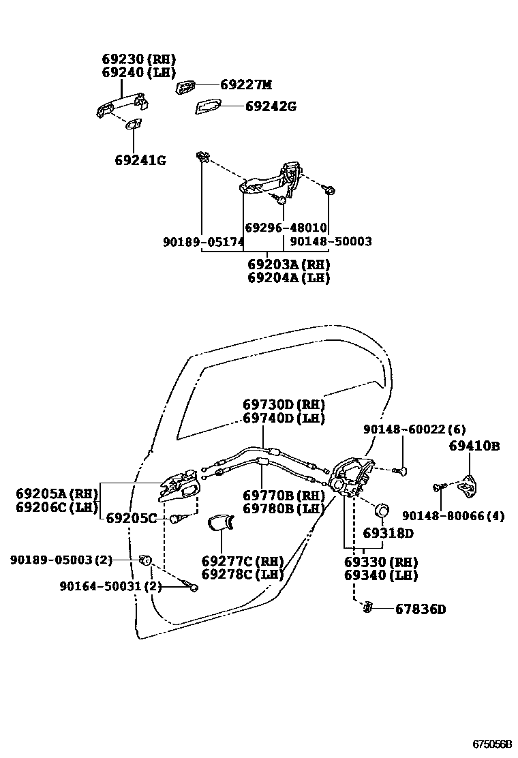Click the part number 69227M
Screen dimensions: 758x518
click(x=245, y=85)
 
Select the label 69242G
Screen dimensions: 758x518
click(x=271, y=106)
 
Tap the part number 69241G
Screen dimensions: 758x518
click(x=140, y=161)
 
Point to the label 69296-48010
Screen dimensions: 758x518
click(x=286, y=228)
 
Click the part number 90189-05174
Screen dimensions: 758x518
click(x=203, y=242)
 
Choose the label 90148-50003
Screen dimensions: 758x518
click(x=331, y=242)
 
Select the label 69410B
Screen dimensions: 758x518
click(x=474, y=446)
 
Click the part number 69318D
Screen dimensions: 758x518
click(x=388, y=533)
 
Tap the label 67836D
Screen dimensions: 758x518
click(x=420, y=609)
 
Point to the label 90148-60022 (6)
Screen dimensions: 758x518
click(x=414, y=429)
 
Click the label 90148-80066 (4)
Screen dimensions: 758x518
click(x=453, y=516)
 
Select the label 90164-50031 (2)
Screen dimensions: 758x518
click(x=110, y=586)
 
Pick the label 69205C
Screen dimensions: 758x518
click(x=131, y=518)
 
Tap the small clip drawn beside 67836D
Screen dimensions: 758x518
click(x=368, y=606)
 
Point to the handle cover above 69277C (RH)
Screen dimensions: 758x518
click(x=219, y=524)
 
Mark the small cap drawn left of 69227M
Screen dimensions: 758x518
click(x=186, y=86)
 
